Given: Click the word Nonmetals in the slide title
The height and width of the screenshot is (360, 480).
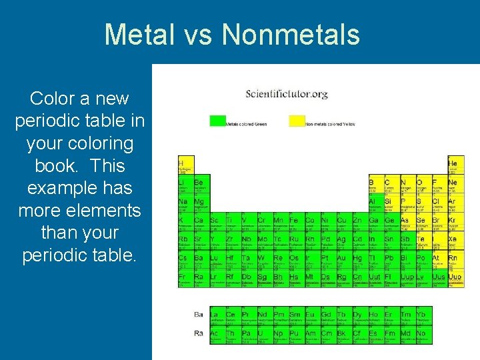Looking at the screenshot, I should [x=291, y=35].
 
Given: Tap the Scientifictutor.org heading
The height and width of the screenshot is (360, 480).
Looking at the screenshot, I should [x=287, y=94].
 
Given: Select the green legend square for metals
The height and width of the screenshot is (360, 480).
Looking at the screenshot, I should [x=217, y=121].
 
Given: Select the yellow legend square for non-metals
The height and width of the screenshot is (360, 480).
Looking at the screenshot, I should [x=297, y=121].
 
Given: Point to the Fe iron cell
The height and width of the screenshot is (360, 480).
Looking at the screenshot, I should [x=294, y=223].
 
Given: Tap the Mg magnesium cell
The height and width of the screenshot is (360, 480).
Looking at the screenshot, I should [x=201, y=204].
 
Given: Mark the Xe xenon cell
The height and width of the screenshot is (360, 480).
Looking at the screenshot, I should [x=454, y=241].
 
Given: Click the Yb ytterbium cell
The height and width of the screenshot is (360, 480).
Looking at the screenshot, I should [x=423, y=317].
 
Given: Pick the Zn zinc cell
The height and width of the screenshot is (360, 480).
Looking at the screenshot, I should [x=357, y=223].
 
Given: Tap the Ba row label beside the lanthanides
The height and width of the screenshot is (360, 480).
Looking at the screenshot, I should [x=199, y=315].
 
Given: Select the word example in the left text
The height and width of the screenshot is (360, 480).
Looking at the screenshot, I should [x=80, y=188].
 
